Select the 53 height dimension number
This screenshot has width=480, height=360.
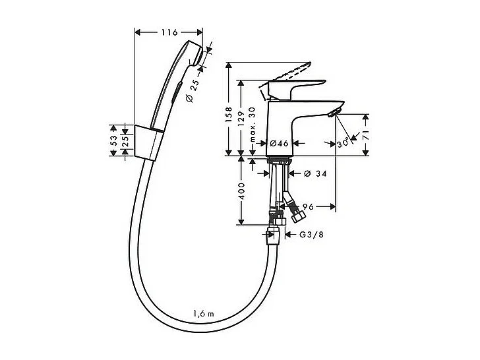point(114,140)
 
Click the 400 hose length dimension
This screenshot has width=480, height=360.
point(242,191)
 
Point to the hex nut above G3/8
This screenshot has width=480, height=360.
point(272,235)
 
